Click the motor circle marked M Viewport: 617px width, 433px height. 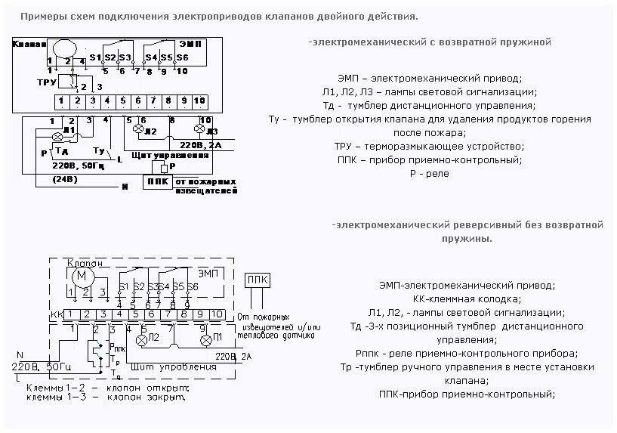80,277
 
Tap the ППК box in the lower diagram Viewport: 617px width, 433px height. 255,279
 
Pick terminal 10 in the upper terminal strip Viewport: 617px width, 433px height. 199,101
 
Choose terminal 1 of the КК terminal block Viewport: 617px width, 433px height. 70,314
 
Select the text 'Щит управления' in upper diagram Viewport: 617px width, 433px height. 160,154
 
